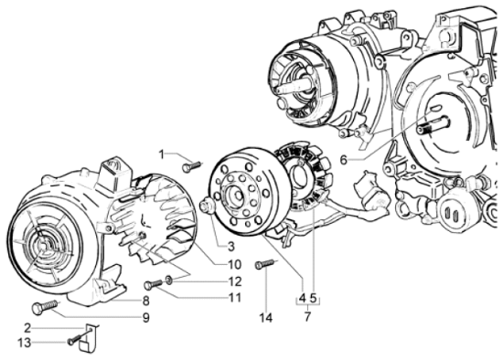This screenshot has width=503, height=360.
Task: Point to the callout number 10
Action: (x=235, y=265)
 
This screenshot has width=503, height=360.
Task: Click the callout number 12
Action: (x=235, y=281)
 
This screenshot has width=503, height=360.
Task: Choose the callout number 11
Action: (x=235, y=298)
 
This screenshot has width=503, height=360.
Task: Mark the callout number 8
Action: (x=145, y=301)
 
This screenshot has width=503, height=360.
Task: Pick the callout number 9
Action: (x=145, y=318)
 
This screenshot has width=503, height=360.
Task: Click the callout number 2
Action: (x=28, y=326)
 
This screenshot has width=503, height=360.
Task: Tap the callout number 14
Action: (x=266, y=317)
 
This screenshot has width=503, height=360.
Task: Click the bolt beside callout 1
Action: (x=191, y=166)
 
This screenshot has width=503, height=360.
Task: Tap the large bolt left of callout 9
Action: (x=45, y=308)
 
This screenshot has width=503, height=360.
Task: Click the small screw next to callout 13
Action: (x=72, y=341)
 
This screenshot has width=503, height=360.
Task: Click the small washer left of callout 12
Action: (x=168, y=279)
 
